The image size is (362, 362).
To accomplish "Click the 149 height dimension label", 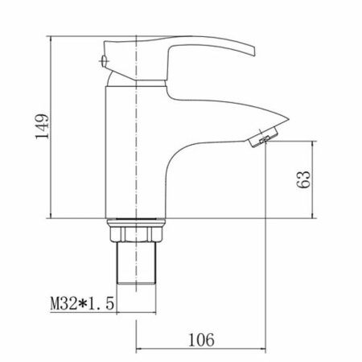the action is pos(43,126).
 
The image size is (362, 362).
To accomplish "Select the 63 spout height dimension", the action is pos(303,179).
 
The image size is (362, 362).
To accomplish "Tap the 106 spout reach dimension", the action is pos(202,339).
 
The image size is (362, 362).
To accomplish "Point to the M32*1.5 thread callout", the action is pos(82,303).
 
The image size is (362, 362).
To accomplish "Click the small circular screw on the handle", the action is pos(104,61).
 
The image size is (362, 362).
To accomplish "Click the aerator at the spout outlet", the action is pos(263,137).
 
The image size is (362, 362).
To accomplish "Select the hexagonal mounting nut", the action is pos(136,234).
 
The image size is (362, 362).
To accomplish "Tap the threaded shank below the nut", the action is pos(136,263).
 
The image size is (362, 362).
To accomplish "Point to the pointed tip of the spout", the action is pos(289,119).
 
